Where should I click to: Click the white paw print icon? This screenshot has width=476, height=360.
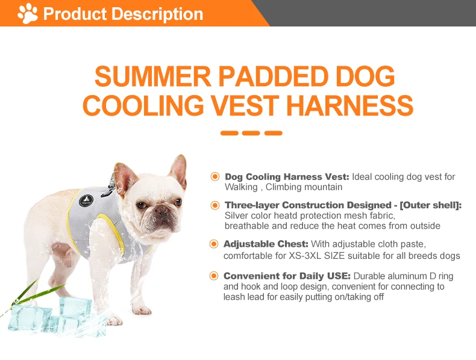[x=28, y=13]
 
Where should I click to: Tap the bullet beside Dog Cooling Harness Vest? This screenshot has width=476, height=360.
[x=215, y=176]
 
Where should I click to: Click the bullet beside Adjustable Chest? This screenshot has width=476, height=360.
[x=214, y=244]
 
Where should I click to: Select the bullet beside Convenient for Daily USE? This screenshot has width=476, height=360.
[x=214, y=276]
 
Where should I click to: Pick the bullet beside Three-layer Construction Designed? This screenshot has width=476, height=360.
[x=215, y=205]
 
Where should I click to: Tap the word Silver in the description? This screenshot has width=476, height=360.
[x=236, y=216]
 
